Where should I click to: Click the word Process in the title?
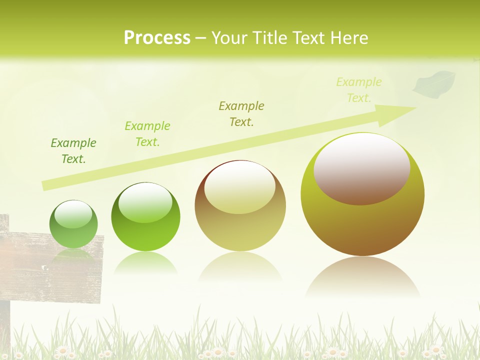[157, 38]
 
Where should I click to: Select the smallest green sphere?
[73, 224]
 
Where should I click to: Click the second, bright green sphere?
[145, 217]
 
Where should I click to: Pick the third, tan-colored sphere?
[240, 206]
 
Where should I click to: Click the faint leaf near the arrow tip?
[433, 83]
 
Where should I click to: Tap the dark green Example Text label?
[73, 151]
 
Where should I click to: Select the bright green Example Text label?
[147, 134]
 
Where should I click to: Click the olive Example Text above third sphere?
[241, 113]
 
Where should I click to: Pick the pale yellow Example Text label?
[358, 90]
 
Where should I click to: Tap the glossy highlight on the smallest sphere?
[73, 214]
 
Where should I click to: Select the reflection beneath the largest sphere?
[362, 277]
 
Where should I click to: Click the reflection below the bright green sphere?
[145, 263]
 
